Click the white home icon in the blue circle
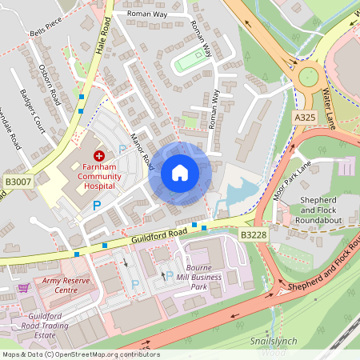180,173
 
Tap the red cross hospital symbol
98,154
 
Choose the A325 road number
304,117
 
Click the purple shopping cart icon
24,288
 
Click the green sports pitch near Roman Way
190,60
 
